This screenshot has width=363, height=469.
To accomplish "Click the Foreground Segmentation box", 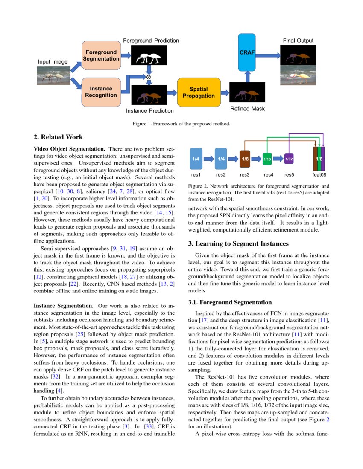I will pos(101,55).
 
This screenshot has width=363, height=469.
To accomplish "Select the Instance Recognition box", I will pos(101,92).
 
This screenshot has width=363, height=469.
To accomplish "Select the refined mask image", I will pos(247,93).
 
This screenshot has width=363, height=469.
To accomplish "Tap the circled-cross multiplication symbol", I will pos(149,77).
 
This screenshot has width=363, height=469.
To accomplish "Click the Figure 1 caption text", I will pos(181,124).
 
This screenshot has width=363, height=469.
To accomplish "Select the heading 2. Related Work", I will pos(58,137).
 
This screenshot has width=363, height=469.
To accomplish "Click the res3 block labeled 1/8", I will pos(245,159).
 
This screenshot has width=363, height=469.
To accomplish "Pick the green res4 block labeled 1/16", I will pos(267,159).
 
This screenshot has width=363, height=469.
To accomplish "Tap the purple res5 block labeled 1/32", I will pos(289,159).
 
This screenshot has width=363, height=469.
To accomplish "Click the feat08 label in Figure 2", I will pos(319,174).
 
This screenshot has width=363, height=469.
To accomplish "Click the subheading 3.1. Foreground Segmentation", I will pos(230,302).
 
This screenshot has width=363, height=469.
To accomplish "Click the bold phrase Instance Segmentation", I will pos(63,306).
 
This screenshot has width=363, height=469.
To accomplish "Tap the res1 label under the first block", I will pos(196,174).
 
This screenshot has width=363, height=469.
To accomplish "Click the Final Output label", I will pos(298,41).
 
